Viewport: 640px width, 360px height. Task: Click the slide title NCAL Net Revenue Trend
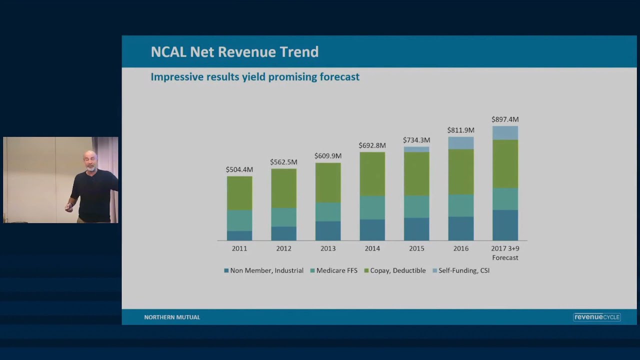click(234, 52)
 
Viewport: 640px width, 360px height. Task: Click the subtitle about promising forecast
click(255, 77)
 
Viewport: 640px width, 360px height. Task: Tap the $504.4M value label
click(239, 169)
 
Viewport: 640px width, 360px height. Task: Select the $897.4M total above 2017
click(505, 119)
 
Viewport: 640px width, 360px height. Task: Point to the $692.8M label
click(372, 145)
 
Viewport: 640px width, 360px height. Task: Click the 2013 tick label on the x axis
click(328, 248)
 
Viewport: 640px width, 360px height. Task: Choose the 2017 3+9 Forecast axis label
click(505, 253)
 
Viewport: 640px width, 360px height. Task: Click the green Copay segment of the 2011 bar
click(239, 193)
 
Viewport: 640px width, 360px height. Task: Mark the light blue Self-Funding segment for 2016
click(461, 143)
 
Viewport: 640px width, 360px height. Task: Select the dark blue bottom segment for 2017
click(505, 225)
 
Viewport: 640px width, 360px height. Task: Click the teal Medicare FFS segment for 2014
click(372, 207)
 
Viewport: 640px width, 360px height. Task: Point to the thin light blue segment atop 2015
click(416, 149)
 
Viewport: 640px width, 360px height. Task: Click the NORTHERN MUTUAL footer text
click(172, 317)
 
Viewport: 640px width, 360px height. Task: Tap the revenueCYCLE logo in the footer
click(596, 317)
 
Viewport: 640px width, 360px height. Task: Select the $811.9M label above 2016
click(460, 130)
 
